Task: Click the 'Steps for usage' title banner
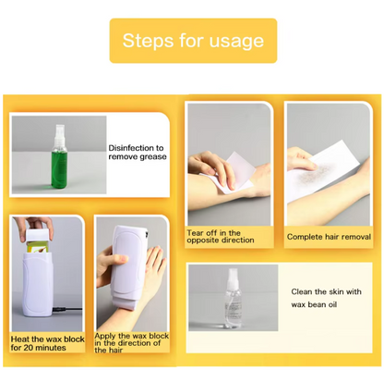coord(193,41)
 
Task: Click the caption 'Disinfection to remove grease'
coord(138,153)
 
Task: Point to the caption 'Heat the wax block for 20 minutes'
coord(47,343)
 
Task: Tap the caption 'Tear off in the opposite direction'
coord(221,237)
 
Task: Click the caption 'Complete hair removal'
coord(329,237)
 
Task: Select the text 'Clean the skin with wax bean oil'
coord(326,298)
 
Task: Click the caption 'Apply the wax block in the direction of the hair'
coord(131,343)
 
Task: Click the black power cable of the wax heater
coord(67,309)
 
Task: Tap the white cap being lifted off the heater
coord(37,235)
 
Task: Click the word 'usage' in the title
coord(236,41)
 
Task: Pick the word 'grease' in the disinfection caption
coord(153,157)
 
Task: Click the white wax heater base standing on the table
coord(38,284)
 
